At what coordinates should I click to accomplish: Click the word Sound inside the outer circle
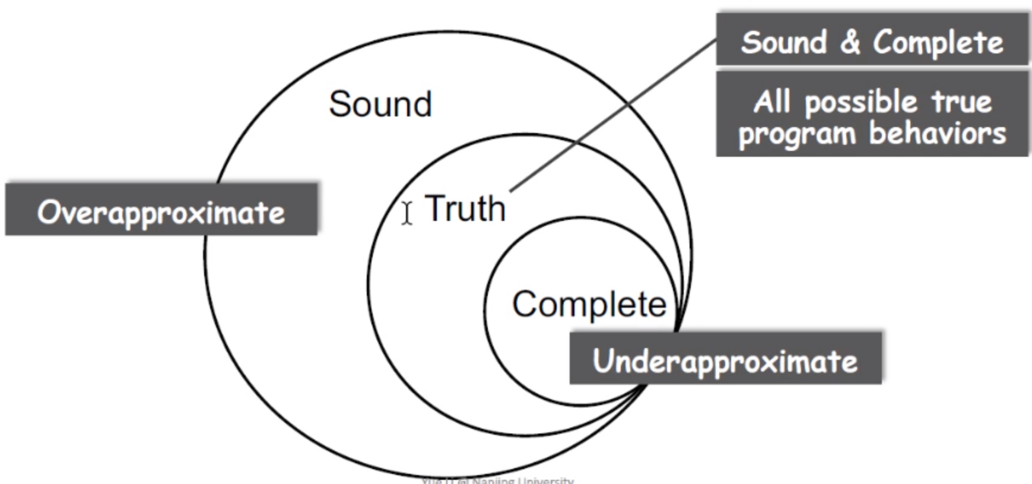380,105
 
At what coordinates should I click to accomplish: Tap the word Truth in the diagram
465,209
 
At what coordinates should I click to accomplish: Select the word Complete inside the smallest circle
589,304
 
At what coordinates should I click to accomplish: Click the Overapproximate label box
161,210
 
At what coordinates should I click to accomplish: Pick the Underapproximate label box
725,359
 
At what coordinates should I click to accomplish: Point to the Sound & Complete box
872,40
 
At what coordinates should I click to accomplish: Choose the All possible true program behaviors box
872,115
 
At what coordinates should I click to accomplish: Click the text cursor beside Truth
407,213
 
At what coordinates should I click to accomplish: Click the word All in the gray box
771,102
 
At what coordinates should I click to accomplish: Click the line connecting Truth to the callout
611,116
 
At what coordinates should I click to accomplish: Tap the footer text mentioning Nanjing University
497,480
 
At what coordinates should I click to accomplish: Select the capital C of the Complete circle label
525,304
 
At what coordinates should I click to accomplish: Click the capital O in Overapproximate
49,211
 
